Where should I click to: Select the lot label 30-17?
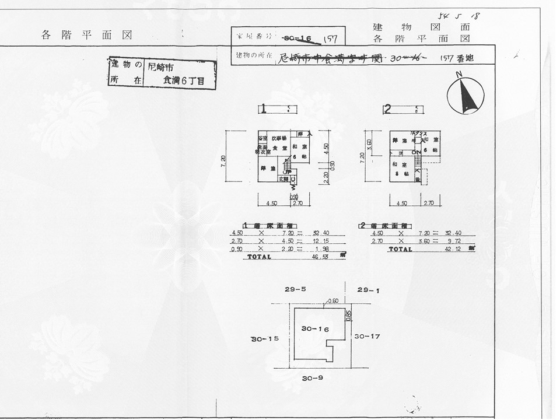pyautogui.click(x=367, y=336)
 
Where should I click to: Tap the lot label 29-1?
pyautogui.click(x=369, y=289)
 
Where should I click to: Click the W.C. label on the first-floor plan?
pyautogui.click(x=293, y=179)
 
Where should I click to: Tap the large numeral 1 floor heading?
pyautogui.click(x=265, y=108)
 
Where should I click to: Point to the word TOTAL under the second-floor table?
pyautogui.click(x=401, y=249)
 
